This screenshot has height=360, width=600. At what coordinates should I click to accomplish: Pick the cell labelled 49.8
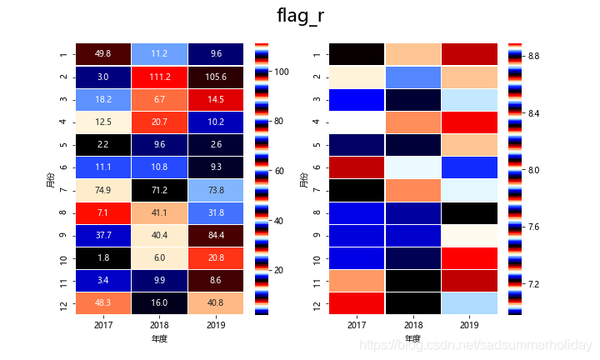[x=102, y=54]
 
